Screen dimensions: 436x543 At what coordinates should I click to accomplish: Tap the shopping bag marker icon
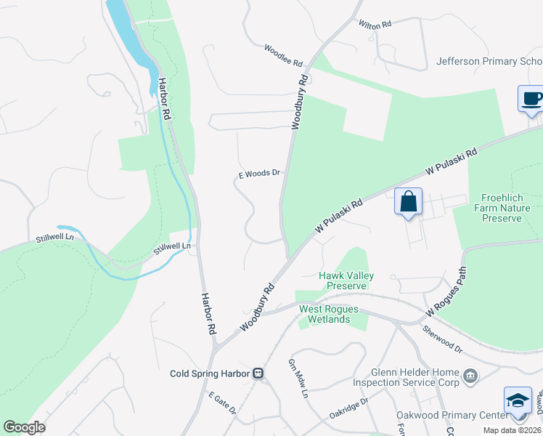(x=409, y=201)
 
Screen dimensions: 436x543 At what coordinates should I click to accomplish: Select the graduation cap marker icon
(x=517, y=401)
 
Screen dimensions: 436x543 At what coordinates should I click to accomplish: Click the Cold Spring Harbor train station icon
(x=258, y=374)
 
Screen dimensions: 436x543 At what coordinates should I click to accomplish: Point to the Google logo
(x=24, y=427)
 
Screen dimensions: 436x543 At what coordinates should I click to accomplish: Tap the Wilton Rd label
(x=375, y=24)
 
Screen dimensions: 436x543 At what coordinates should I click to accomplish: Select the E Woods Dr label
(x=259, y=174)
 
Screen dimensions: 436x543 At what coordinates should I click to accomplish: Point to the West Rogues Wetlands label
(x=329, y=315)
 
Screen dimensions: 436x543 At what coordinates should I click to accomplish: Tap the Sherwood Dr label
(x=442, y=339)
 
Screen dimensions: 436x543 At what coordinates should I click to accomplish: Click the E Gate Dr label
(x=222, y=405)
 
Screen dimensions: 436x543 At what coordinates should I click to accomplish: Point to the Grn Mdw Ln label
(x=298, y=379)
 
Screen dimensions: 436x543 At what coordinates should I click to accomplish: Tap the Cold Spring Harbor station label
(x=210, y=374)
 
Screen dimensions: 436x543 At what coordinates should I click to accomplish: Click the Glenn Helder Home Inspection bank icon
(x=470, y=376)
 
